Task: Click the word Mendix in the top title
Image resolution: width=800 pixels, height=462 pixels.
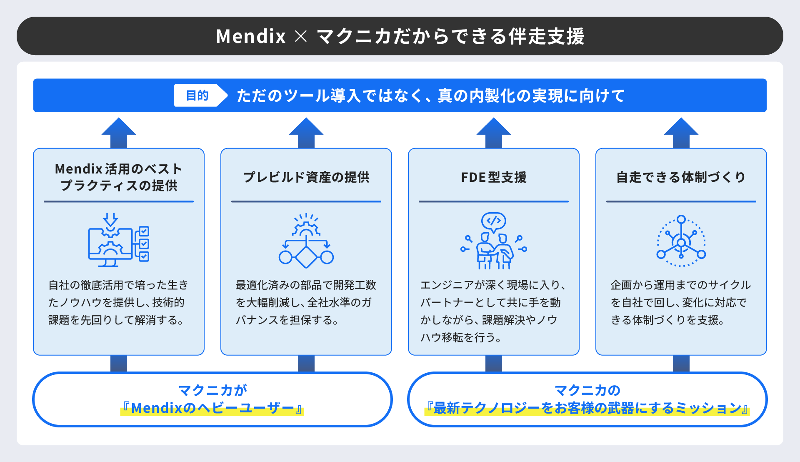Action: click(x=250, y=36)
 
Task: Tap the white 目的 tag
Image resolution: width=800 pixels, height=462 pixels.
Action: click(x=197, y=95)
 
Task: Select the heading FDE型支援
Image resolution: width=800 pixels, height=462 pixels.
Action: click(x=493, y=177)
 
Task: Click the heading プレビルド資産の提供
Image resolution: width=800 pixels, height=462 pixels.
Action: click(x=306, y=177)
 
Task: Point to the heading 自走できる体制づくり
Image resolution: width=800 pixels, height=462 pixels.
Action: click(x=681, y=177)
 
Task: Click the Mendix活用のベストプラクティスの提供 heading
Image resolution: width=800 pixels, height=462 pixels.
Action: click(x=119, y=177)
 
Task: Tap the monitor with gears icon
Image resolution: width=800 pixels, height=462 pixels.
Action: click(x=118, y=241)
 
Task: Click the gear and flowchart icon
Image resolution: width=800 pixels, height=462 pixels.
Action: click(x=306, y=241)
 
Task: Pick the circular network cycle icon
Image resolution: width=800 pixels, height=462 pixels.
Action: click(x=681, y=241)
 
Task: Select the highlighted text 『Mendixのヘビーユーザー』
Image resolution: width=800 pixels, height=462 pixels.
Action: click(x=212, y=408)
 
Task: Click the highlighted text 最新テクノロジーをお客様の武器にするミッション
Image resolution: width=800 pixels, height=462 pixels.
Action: click(x=587, y=408)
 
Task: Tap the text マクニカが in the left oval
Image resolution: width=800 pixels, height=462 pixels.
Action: click(x=212, y=390)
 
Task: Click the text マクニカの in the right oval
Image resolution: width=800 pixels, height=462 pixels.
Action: click(x=587, y=390)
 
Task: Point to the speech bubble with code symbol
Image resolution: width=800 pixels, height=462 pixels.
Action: click(x=494, y=221)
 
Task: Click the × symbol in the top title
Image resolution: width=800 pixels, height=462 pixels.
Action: click(x=301, y=36)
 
